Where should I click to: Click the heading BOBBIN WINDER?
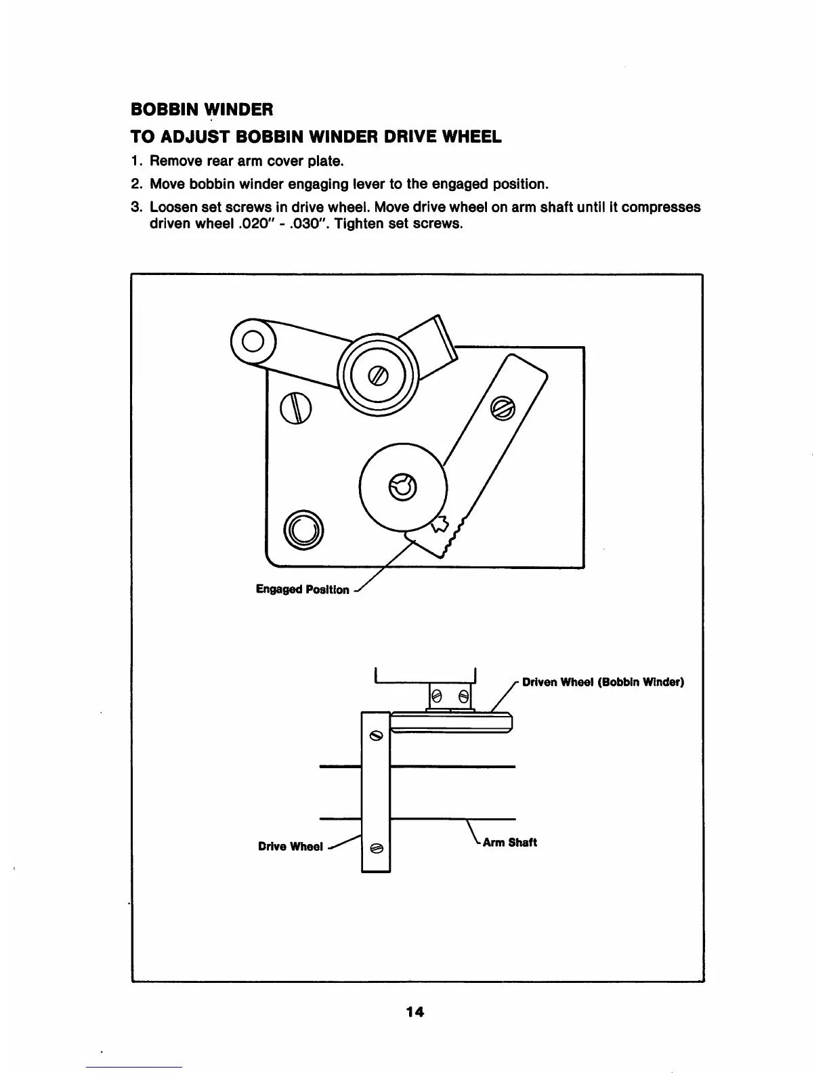[x=201, y=108]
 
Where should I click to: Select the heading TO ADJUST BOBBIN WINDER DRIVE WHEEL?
[x=316, y=137]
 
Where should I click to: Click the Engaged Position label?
[x=302, y=589]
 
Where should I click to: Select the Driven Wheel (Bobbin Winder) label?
[x=603, y=681]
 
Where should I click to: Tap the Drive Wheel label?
[x=290, y=847]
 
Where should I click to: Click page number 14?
[x=414, y=1012]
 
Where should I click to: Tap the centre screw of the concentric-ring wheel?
[x=377, y=375]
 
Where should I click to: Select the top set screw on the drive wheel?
[x=376, y=735]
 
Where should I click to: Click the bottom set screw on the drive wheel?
[x=377, y=847]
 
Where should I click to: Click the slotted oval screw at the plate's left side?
[x=297, y=408]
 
